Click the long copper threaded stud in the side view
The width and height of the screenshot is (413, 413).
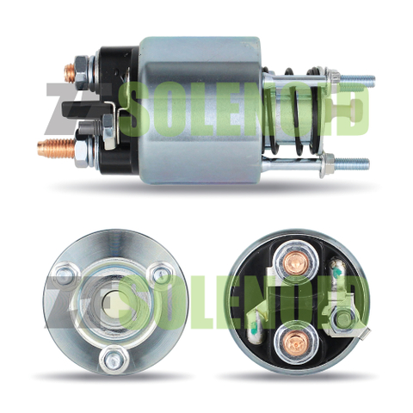click(x=56, y=148)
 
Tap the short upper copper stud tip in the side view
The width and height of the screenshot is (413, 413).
click(x=70, y=71)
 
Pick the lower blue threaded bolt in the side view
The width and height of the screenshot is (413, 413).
click(x=352, y=164)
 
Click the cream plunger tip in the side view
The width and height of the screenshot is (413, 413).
click(x=348, y=110)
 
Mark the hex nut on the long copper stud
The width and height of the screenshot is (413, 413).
click(x=81, y=154)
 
